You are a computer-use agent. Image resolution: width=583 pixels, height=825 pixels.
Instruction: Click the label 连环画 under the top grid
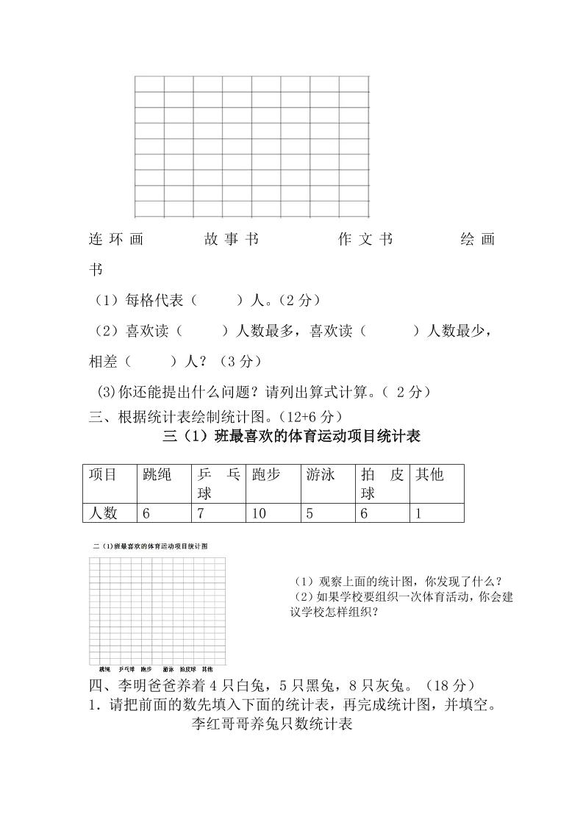click(116, 240)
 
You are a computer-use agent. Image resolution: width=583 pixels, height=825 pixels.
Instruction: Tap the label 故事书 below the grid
click(232, 240)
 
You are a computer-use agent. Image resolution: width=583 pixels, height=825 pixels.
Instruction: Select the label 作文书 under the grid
click(365, 240)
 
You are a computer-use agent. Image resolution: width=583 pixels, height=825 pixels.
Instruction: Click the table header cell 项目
click(103, 475)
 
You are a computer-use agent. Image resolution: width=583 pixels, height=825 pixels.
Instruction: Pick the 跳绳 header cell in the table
click(157, 475)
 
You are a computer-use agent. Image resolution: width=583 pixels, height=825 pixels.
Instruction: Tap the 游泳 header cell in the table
click(321, 475)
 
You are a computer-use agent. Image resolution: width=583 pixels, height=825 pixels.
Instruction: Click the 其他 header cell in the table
click(430, 475)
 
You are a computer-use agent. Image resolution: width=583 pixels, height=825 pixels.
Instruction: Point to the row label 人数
click(103, 513)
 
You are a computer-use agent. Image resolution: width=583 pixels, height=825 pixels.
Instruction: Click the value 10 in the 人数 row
click(259, 513)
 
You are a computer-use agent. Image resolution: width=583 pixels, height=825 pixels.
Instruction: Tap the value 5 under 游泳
click(310, 513)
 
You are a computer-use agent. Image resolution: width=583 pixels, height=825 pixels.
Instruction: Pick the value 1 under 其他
click(418, 513)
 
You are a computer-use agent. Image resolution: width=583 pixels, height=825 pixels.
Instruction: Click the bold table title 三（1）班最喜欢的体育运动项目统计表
click(292, 437)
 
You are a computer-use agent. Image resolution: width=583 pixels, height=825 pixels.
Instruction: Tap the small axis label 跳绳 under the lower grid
click(104, 669)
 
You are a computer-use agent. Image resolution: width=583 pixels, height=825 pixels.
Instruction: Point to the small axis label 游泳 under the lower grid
click(168, 669)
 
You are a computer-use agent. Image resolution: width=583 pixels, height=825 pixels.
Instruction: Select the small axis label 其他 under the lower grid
click(208, 669)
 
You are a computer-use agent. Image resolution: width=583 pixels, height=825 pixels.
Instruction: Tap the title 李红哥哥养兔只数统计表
click(272, 724)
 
